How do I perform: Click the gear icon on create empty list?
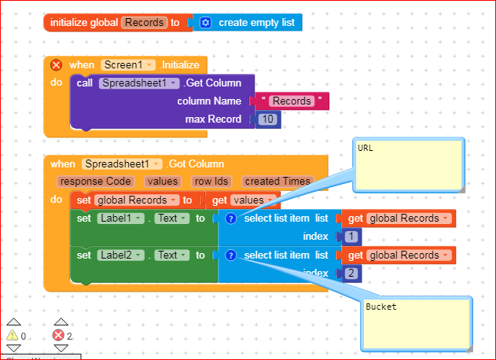pos(205,23)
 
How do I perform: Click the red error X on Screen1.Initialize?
pos(56,65)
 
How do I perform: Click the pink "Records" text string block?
pos(291,101)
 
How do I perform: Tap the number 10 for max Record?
pos(268,119)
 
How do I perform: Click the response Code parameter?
pos(95,182)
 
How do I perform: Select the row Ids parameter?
pos(211,182)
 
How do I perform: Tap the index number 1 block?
pos(351,237)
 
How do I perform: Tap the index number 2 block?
pos(351,273)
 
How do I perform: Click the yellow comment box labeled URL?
pos(408,163)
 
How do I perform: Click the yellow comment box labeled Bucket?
pos(417,321)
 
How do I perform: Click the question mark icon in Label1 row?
pos(230,219)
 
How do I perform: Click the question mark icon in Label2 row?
pos(230,255)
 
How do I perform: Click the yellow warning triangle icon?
pos(13,336)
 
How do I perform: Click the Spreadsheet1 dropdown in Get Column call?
pos(137,83)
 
